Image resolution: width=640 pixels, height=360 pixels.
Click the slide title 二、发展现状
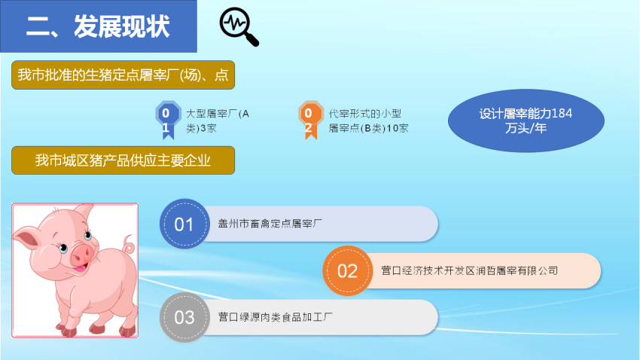click(x=98, y=27)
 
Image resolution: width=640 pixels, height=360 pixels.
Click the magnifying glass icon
click(x=239, y=27)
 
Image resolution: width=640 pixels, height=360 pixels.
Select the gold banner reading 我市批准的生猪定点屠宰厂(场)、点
click(x=123, y=75)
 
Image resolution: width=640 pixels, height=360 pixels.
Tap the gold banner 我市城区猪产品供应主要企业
click(x=123, y=160)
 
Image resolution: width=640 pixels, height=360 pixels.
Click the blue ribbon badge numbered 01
click(x=168, y=120)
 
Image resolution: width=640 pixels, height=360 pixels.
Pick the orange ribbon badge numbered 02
click(x=311, y=120)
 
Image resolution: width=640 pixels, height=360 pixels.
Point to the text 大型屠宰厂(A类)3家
click(x=218, y=121)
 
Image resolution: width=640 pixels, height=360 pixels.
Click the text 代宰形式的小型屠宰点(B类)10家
click(x=369, y=121)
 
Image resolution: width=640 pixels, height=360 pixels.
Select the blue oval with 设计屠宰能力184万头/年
click(x=526, y=121)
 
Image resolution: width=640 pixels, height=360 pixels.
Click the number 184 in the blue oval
click(x=562, y=114)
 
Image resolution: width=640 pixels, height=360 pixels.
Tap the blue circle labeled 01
click(x=184, y=224)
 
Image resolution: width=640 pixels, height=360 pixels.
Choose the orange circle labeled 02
click(x=348, y=270)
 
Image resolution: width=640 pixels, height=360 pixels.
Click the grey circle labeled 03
click(x=184, y=317)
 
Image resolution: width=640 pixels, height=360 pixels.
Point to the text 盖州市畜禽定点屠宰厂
click(x=270, y=224)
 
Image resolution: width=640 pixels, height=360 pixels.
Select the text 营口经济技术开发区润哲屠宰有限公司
click(x=470, y=270)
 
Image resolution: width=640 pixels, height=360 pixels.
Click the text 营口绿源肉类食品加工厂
click(x=275, y=317)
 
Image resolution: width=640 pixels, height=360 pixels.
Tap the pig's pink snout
click(x=83, y=254)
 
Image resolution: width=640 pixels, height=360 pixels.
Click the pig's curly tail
click(x=130, y=244)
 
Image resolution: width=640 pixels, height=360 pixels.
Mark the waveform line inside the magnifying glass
click(x=236, y=23)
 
